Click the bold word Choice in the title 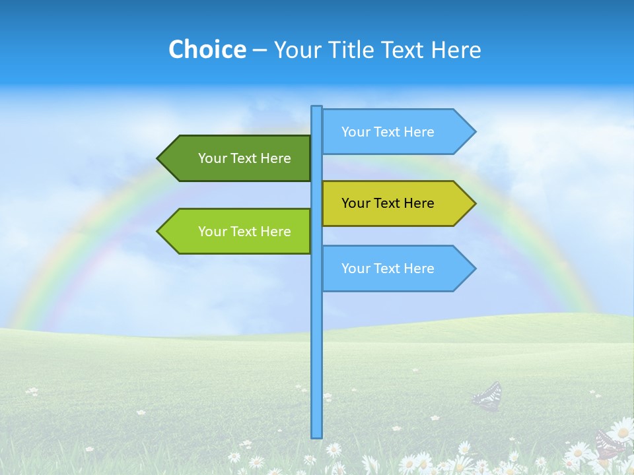point(207,49)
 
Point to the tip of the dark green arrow point(158,158)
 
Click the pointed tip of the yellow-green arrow point(474,203)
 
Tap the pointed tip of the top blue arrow point(474,132)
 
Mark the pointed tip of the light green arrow point(158,231)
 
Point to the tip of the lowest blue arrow point(474,269)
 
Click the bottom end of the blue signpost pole point(317,435)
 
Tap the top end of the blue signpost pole point(317,108)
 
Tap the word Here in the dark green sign point(275,158)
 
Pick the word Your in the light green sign point(212,232)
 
